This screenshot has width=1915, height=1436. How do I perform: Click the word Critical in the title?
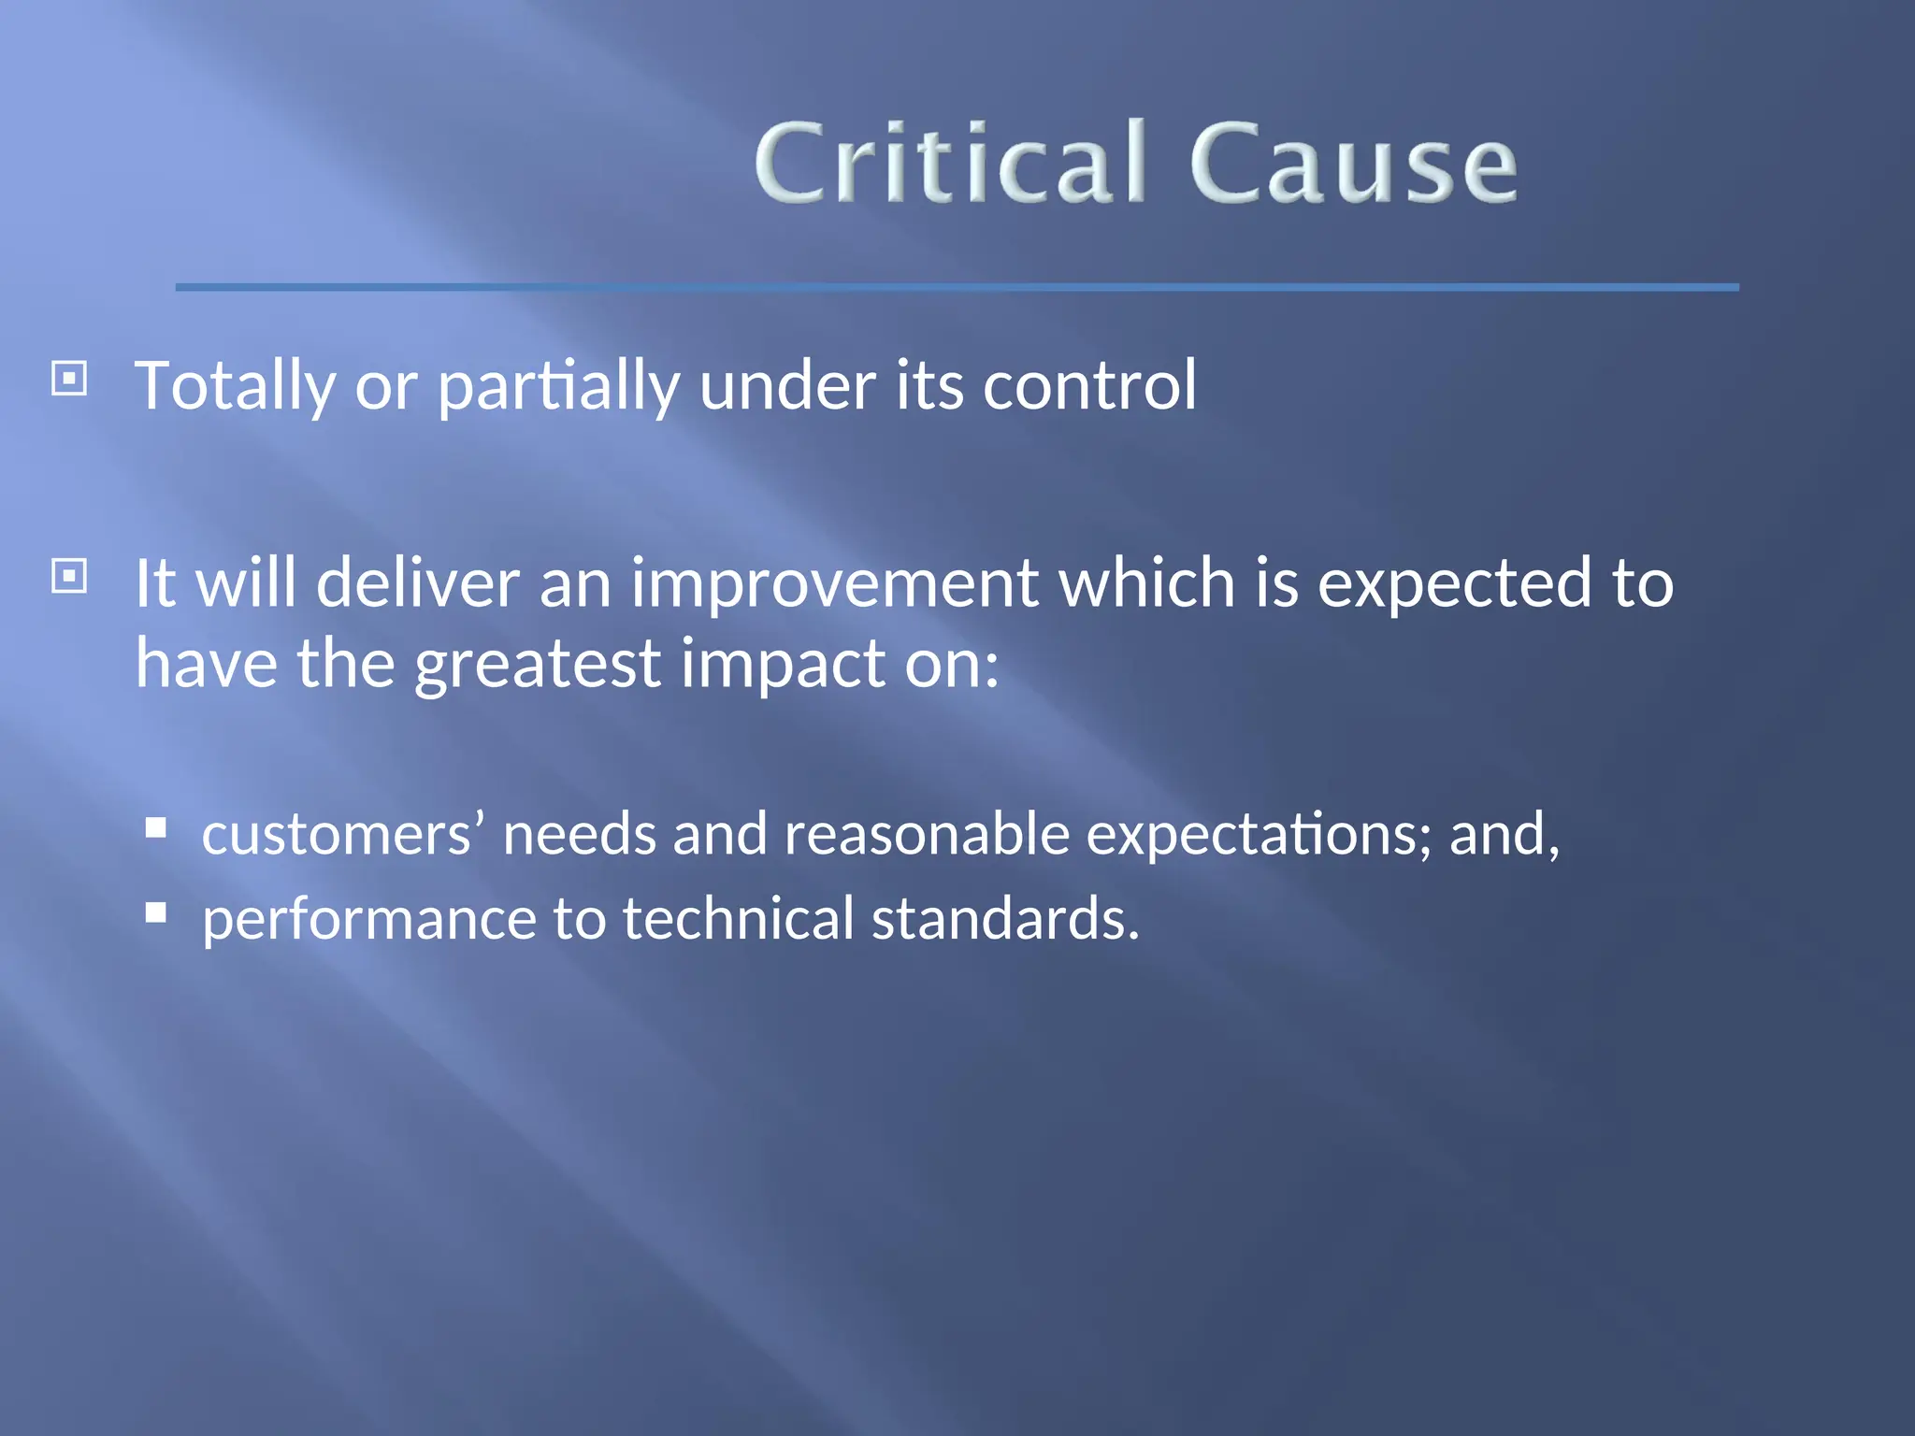(x=949, y=164)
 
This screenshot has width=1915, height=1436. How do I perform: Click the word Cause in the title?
(x=1352, y=164)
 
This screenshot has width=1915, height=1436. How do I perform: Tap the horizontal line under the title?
(x=956, y=287)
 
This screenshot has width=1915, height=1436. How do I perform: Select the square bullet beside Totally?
(x=69, y=380)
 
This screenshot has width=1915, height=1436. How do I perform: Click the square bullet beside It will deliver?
(x=69, y=576)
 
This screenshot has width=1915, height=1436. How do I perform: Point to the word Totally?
(x=235, y=386)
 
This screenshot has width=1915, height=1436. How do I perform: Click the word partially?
(x=558, y=386)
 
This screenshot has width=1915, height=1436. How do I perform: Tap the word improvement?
(x=834, y=583)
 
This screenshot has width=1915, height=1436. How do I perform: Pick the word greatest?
(x=538, y=664)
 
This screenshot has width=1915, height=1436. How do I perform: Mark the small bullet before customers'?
(x=156, y=827)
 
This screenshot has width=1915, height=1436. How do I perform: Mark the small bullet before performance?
(x=156, y=912)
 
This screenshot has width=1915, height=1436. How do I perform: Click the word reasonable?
(x=926, y=834)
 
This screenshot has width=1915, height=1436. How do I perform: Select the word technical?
(x=738, y=919)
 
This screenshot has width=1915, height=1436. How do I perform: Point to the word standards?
(x=1005, y=919)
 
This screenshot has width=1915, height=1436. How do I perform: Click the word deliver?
(x=417, y=583)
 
